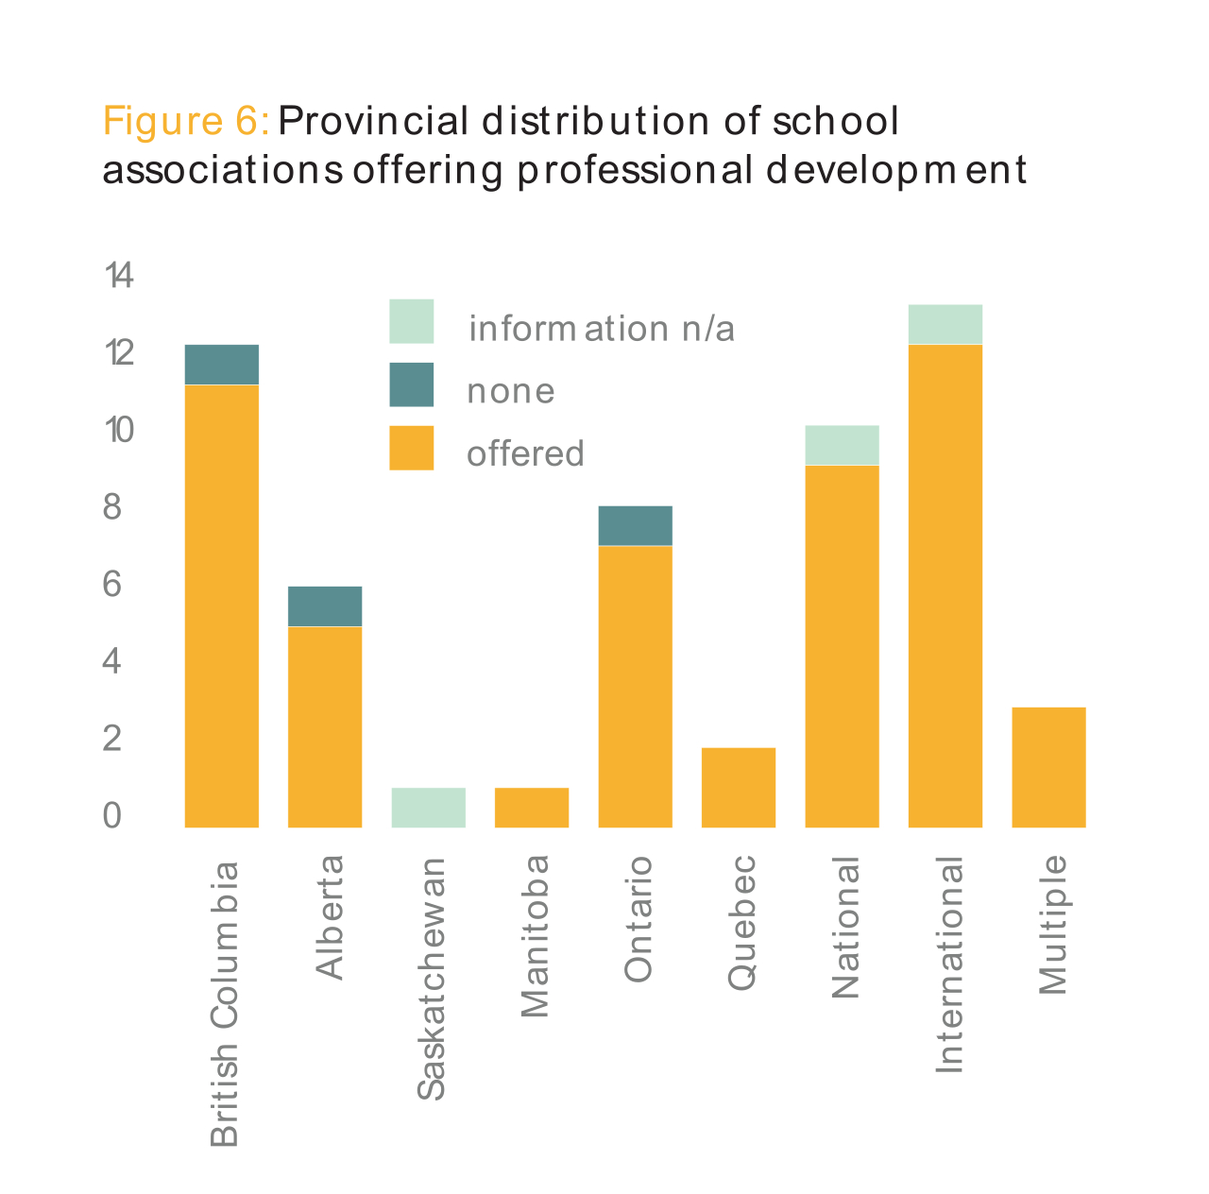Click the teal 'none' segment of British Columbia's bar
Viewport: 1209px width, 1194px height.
221,365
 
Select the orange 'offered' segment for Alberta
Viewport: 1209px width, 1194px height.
324,726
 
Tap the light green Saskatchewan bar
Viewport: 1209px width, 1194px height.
428,808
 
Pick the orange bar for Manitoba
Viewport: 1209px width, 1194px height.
532,808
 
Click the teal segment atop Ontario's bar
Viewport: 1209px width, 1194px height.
635,526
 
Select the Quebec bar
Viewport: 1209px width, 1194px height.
739,788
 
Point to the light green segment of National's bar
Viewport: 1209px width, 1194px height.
842,445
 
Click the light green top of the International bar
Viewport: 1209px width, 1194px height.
945,324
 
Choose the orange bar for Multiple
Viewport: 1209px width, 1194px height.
1048,767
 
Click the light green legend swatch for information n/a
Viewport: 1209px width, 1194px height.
411,321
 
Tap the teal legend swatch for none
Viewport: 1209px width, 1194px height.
411,384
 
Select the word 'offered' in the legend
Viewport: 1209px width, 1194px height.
525,454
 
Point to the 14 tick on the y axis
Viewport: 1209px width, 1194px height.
119,276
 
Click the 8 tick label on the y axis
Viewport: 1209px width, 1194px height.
112,507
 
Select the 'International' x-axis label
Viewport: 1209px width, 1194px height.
948,964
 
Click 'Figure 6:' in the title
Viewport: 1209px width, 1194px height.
186,122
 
